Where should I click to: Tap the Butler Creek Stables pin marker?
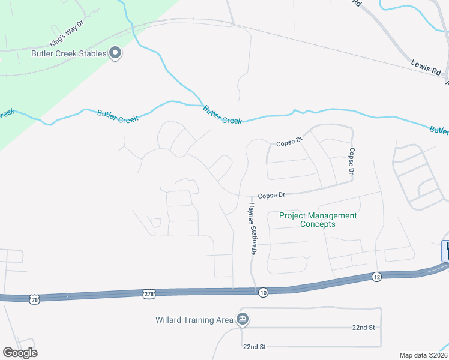(116, 54)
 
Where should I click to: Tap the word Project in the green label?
(294, 216)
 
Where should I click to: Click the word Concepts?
(318, 224)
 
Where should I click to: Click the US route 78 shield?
(34, 298)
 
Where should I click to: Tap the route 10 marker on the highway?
(263, 292)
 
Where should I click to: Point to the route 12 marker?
(376, 276)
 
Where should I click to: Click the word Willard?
(170, 320)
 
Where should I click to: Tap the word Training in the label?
(199, 320)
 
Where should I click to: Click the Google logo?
(20, 353)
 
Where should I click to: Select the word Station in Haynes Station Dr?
(253, 229)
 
